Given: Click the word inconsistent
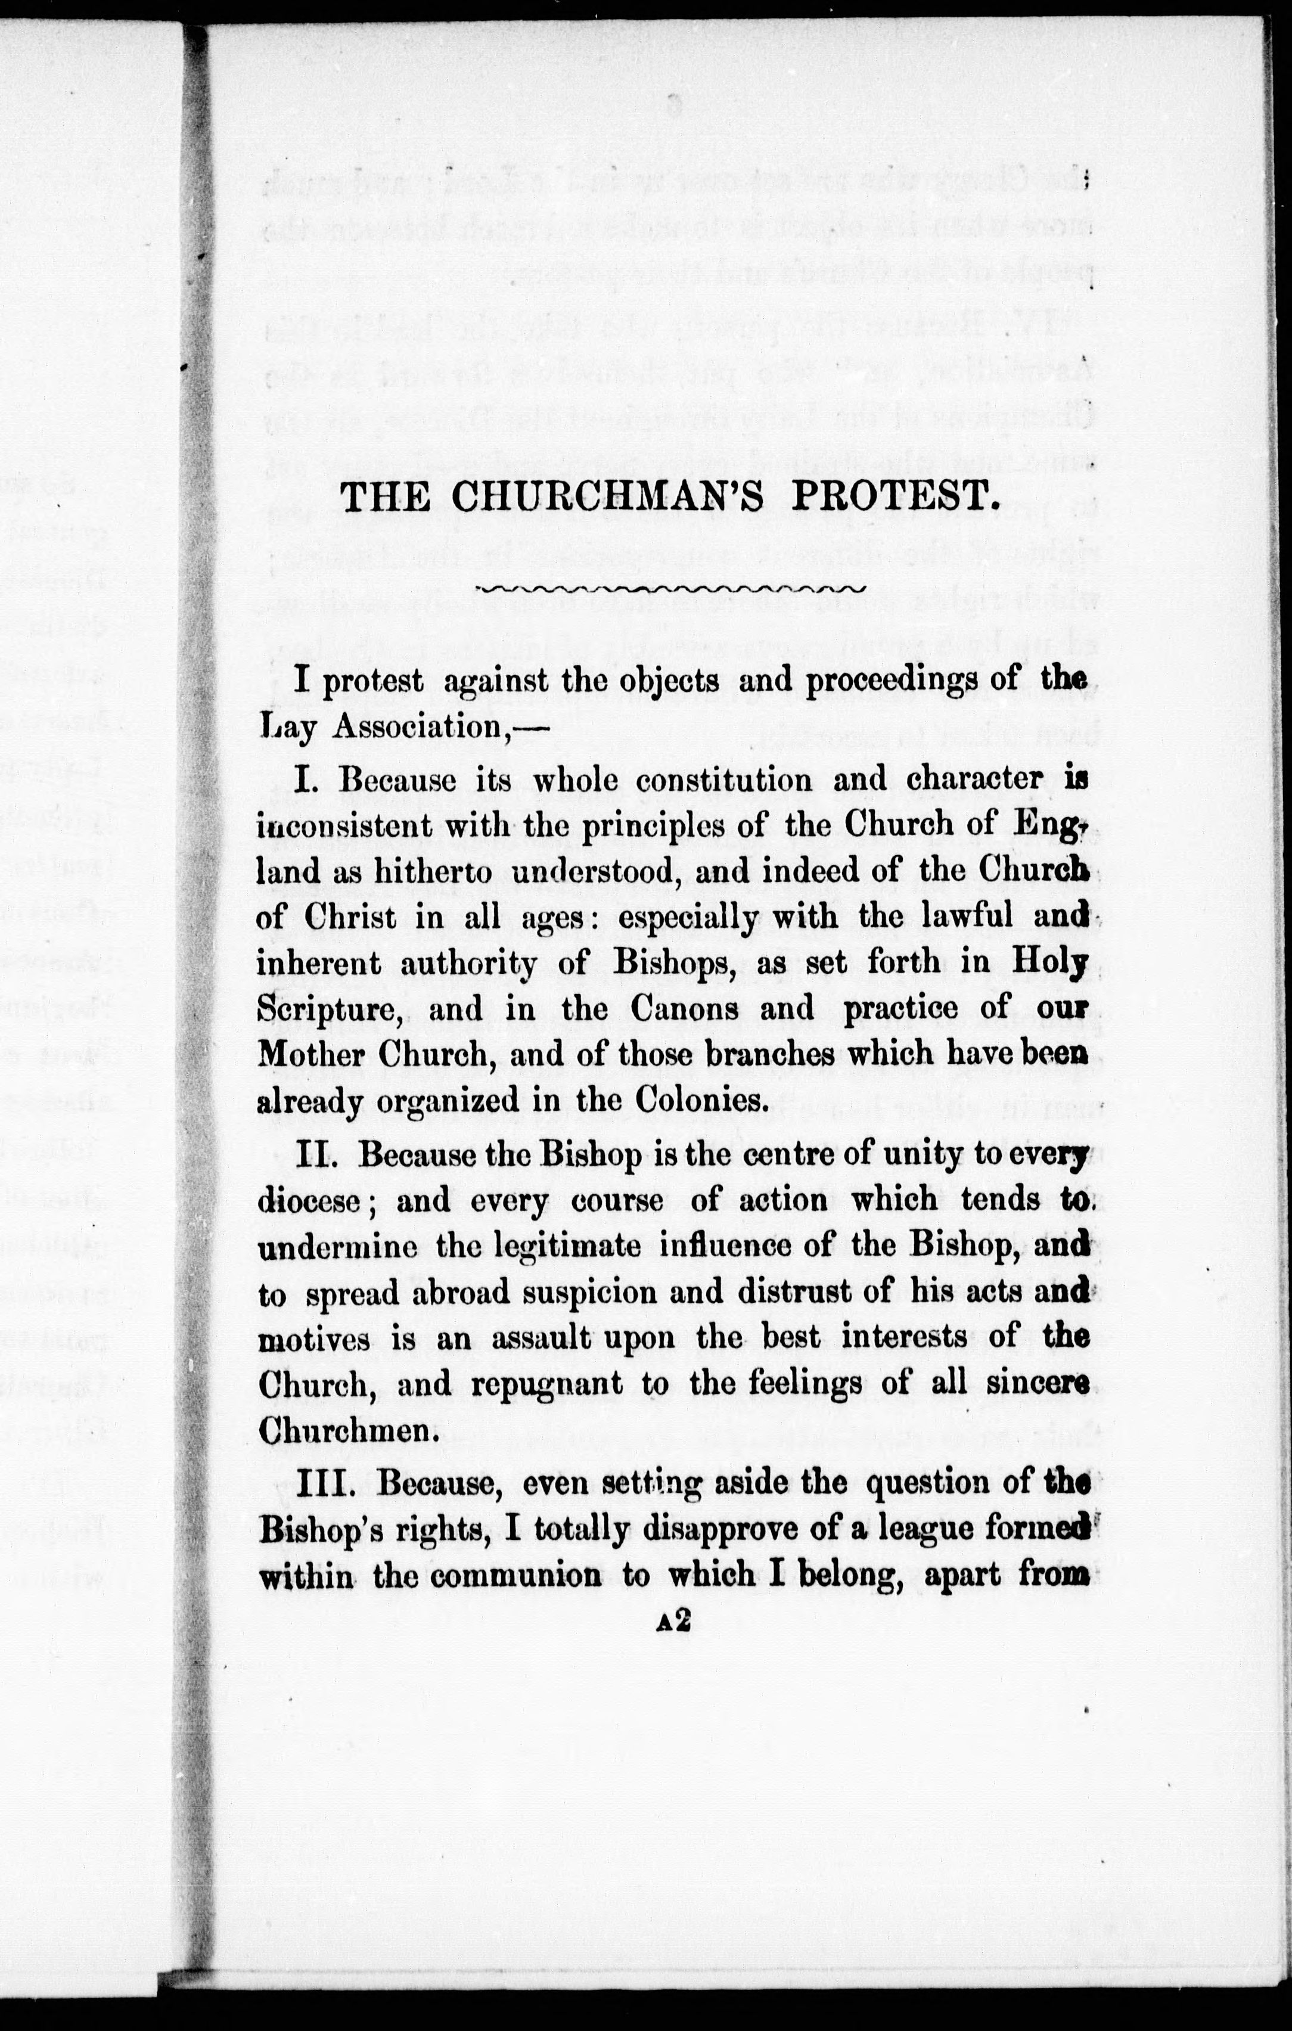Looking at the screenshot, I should tap(334, 825).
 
